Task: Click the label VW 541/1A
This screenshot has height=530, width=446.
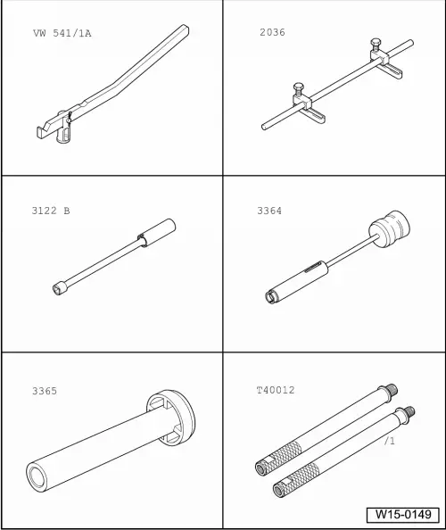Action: pos(62,33)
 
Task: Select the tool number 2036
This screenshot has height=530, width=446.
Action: pos(272,32)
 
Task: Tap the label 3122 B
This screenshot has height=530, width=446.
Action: pos(50,211)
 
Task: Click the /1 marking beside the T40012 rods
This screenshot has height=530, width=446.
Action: pos(389,441)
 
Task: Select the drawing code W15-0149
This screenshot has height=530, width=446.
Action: pos(402,515)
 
